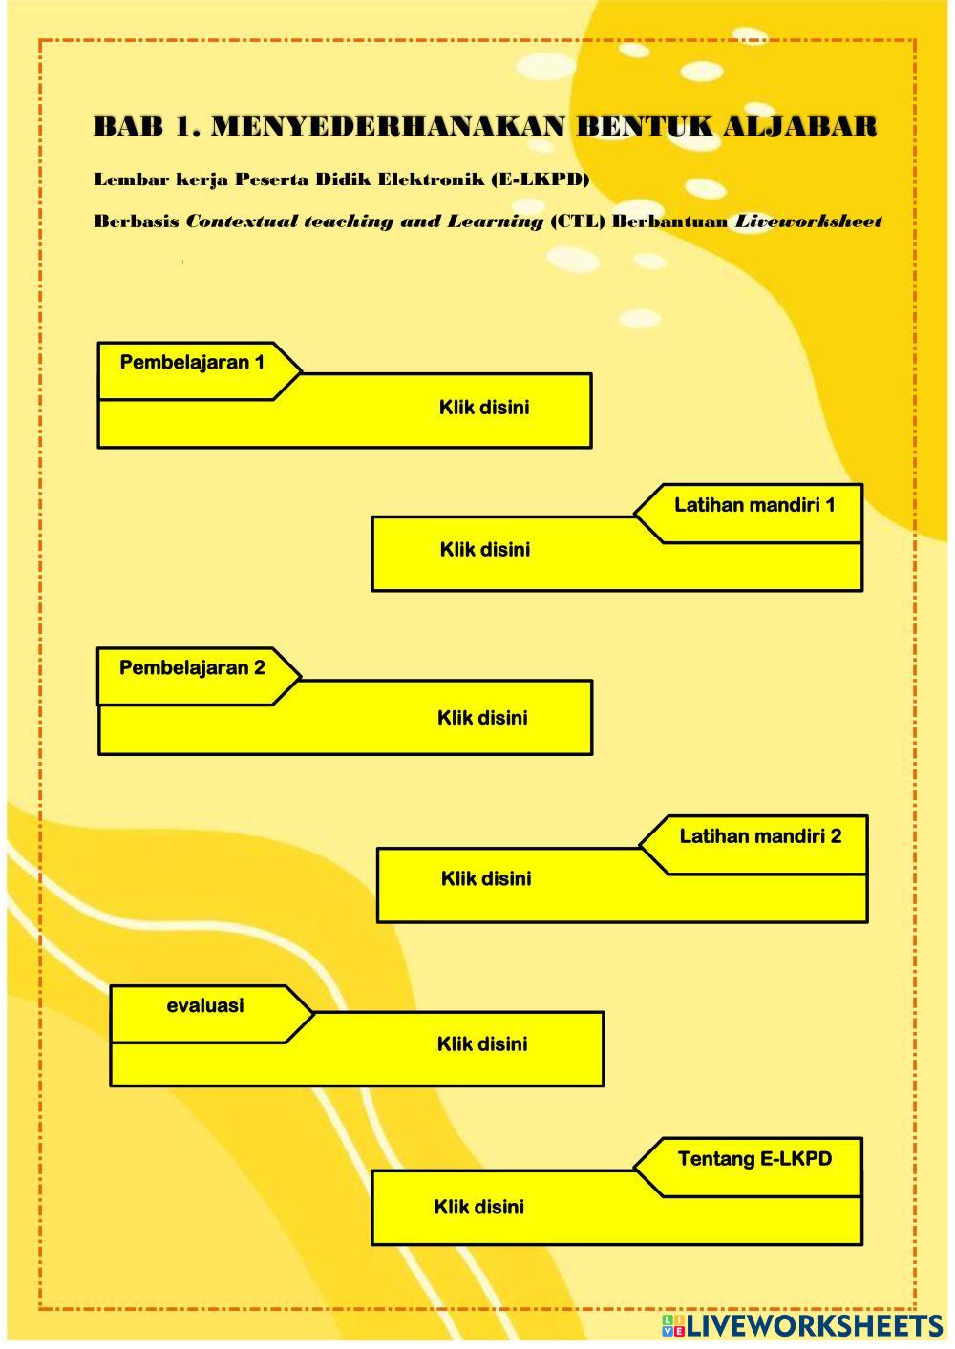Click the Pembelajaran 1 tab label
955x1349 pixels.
tap(192, 363)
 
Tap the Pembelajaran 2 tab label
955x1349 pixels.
tap(192, 668)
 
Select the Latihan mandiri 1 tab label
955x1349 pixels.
tap(754, 505)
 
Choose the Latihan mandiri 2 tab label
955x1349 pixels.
tap(760, 836)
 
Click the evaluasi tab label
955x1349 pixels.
tap(204, 1005)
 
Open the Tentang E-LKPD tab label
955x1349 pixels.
tap(754, 1159)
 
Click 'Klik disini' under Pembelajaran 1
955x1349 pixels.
tap(484, 408)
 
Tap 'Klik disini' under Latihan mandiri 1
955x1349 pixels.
tap(485, 550)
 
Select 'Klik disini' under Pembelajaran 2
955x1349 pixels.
tap(482, 718)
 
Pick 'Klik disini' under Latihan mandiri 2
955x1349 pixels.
tap(486, 878)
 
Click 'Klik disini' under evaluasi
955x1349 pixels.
tap(482, 1043)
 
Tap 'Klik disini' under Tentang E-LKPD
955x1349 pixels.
tap(478, 1207)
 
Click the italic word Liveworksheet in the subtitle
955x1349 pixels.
tap(808, 221)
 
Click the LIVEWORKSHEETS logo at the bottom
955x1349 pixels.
tap(801, 1325)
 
